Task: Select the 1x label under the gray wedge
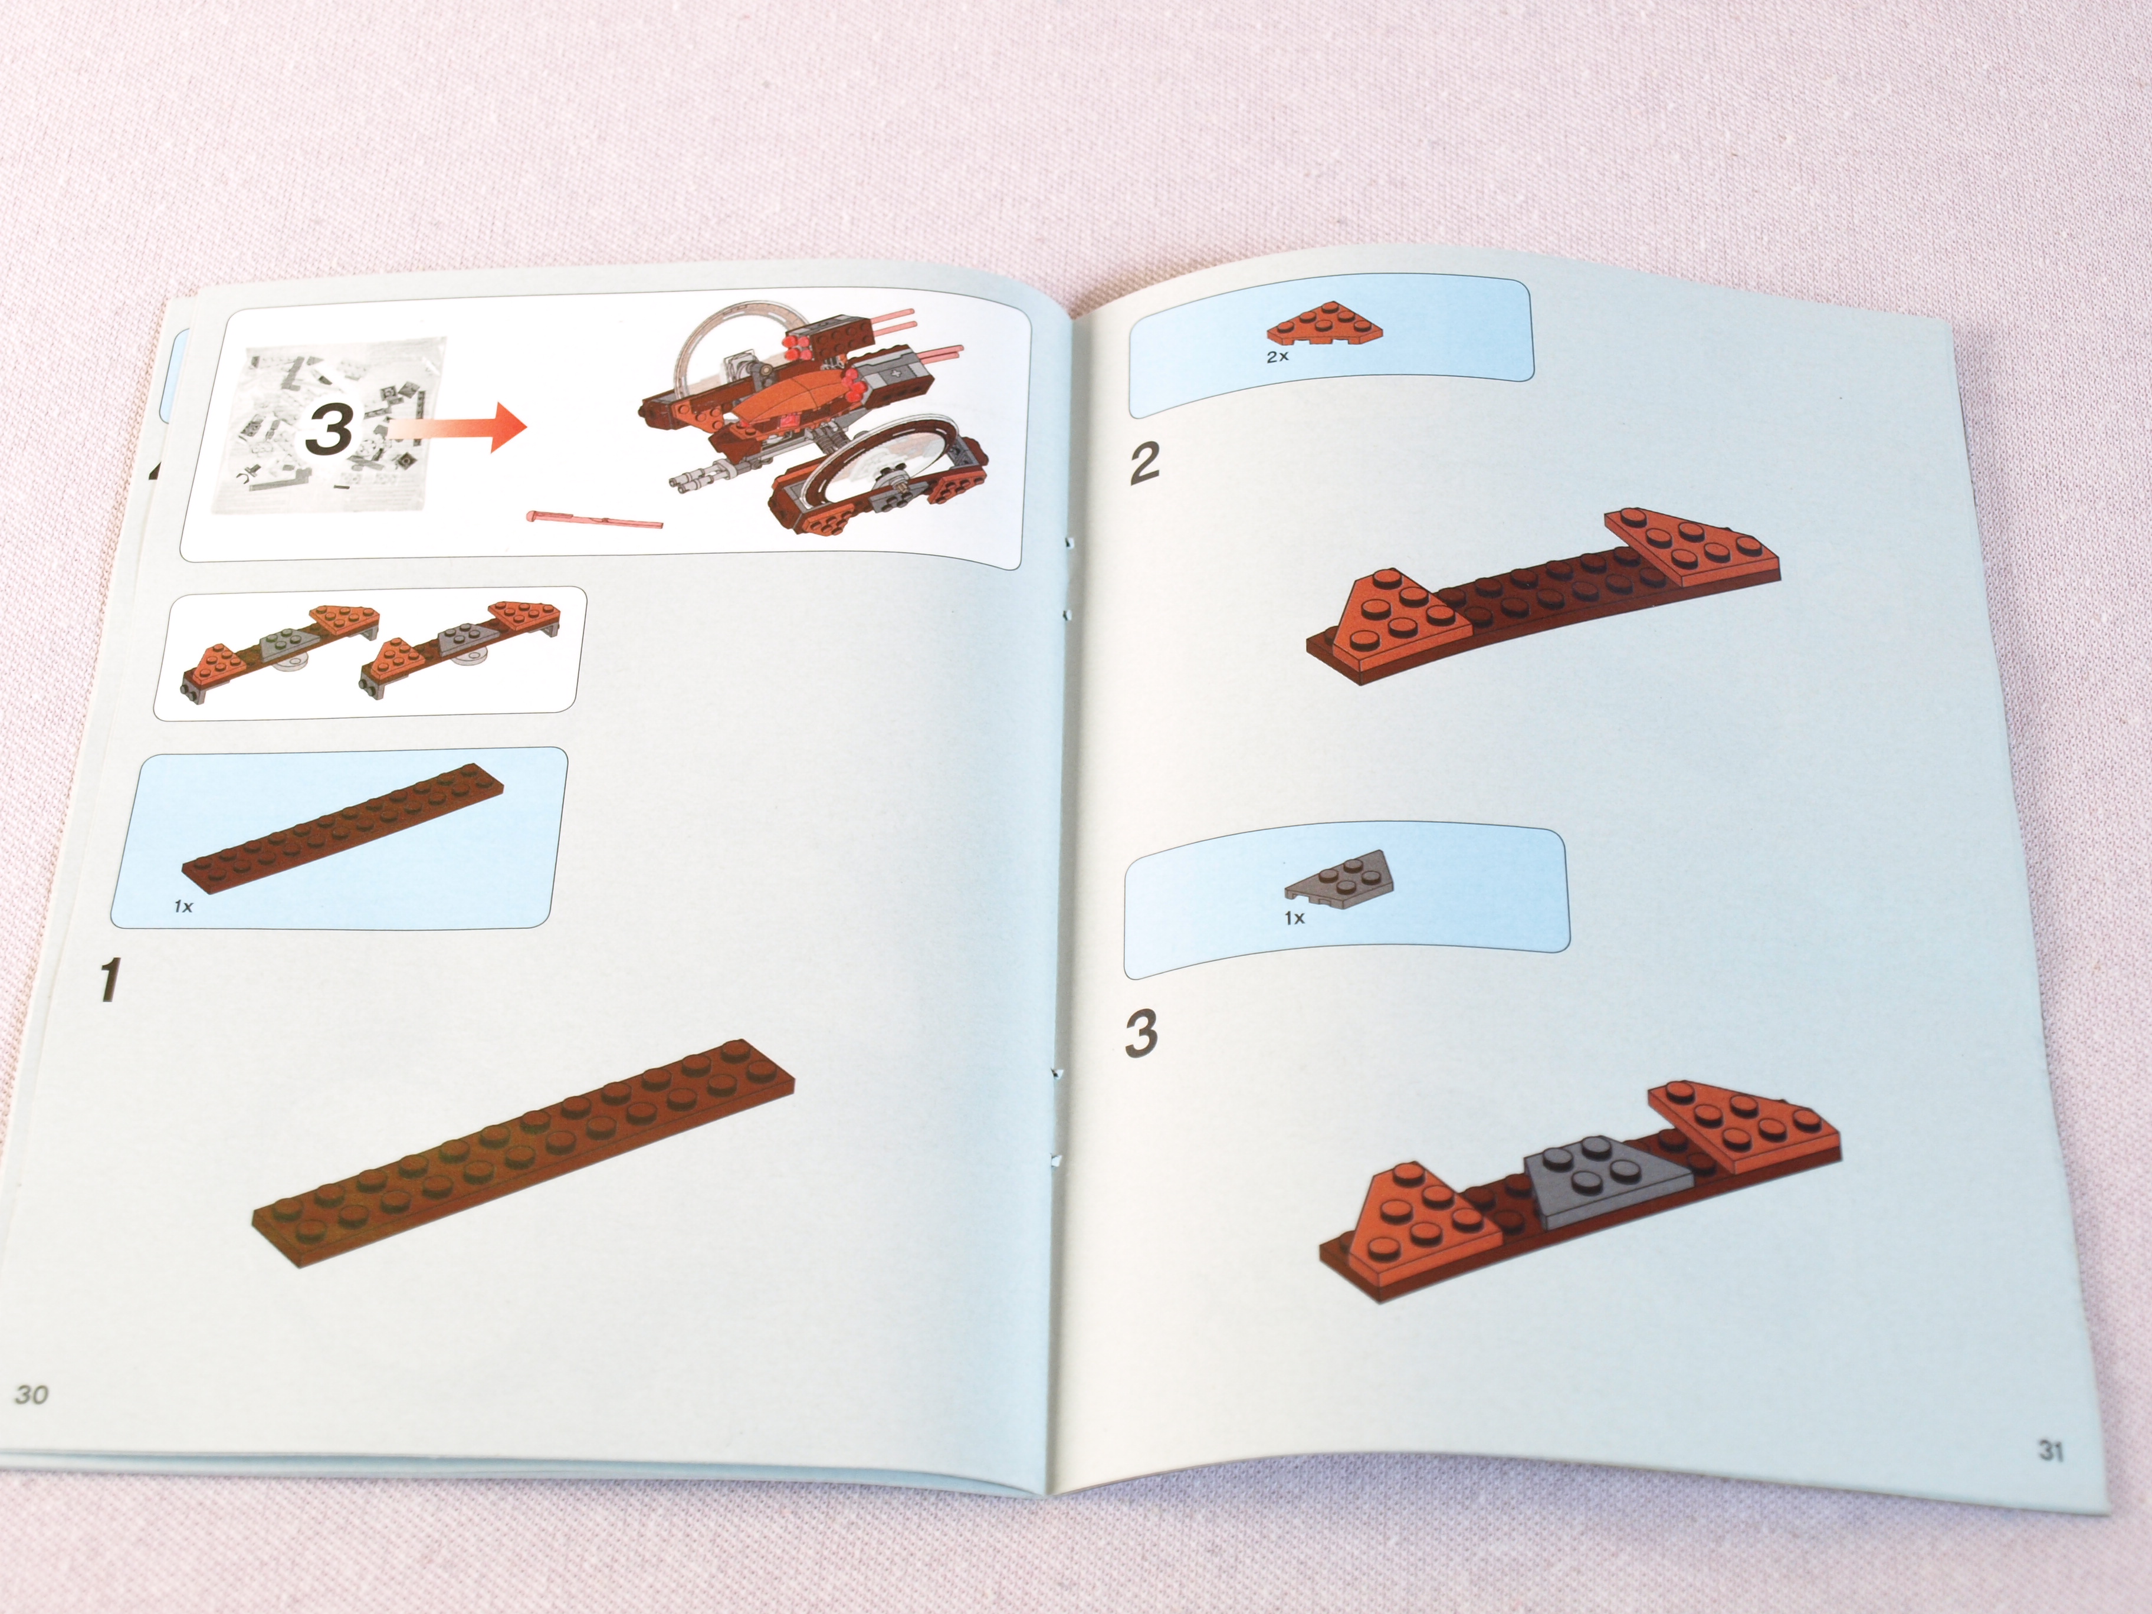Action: (1294, 917)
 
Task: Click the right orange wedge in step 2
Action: (1693, 550)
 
